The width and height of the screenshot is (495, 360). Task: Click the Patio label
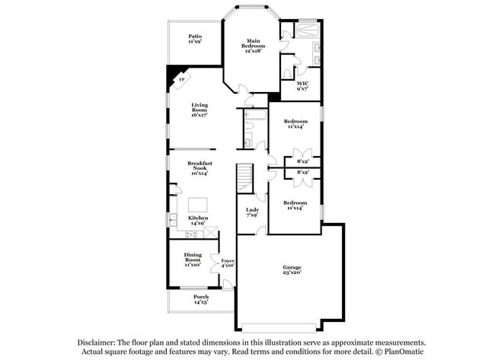pyautogui.click(x=196, y=39)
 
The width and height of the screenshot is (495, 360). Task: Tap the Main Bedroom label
pyautogui.click(x=253, y=46)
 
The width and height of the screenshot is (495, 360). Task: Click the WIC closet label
pyautogui.click(x=302, y=85)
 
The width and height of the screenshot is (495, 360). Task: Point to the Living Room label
pyautogui.click(x=200, y=108)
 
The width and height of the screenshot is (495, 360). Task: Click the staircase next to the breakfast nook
pyautogui.click(x=244, y=180)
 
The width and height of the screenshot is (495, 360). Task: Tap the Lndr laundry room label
pyautogui.click(x=252, y=213)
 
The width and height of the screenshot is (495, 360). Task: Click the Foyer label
pyautogui.click(x=228, y=263)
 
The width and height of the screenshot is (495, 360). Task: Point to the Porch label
pyautogui.click(x=200, y=299)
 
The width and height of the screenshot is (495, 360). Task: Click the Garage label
pyautogui.click(x=292, y=269)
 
